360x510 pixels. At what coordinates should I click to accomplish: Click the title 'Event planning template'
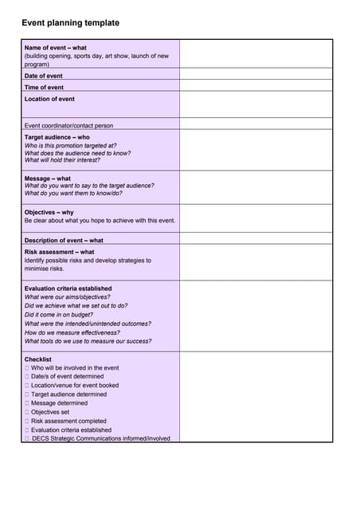point(70,23)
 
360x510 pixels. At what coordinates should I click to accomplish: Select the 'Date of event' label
point(43,76)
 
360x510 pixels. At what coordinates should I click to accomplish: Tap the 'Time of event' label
point(44,87)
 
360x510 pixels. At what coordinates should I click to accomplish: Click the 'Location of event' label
point(49,99)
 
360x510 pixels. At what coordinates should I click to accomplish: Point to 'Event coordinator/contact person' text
point(68,125)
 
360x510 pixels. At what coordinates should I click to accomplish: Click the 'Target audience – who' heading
point(57,137)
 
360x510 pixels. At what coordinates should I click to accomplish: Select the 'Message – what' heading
point(47,178)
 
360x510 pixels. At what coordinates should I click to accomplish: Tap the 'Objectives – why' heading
point(49,212)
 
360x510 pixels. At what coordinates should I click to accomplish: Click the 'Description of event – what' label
point(64,240)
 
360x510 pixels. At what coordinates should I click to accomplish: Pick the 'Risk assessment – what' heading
point(59,252)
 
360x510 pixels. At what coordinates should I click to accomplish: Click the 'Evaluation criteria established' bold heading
point(68,288)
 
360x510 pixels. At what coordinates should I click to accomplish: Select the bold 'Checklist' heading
point(37,359)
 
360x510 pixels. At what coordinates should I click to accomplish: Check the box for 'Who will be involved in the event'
point(27,368)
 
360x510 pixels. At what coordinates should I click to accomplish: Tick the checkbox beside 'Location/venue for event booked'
point(27,386)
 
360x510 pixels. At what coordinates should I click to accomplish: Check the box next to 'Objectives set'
point(27,412)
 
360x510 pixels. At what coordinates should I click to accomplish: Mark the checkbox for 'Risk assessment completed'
point(27,421)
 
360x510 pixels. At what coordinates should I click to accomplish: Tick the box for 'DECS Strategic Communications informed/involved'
point(27,438)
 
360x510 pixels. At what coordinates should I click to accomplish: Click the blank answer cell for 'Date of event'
point(256,76)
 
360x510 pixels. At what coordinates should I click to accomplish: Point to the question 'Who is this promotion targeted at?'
point(70,146)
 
